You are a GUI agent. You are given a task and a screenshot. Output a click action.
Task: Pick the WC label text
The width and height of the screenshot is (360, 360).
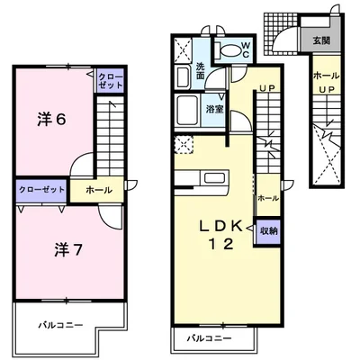coord(242,52)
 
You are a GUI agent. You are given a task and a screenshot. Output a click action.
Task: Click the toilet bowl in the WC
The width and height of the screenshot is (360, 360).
coord(229,50)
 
